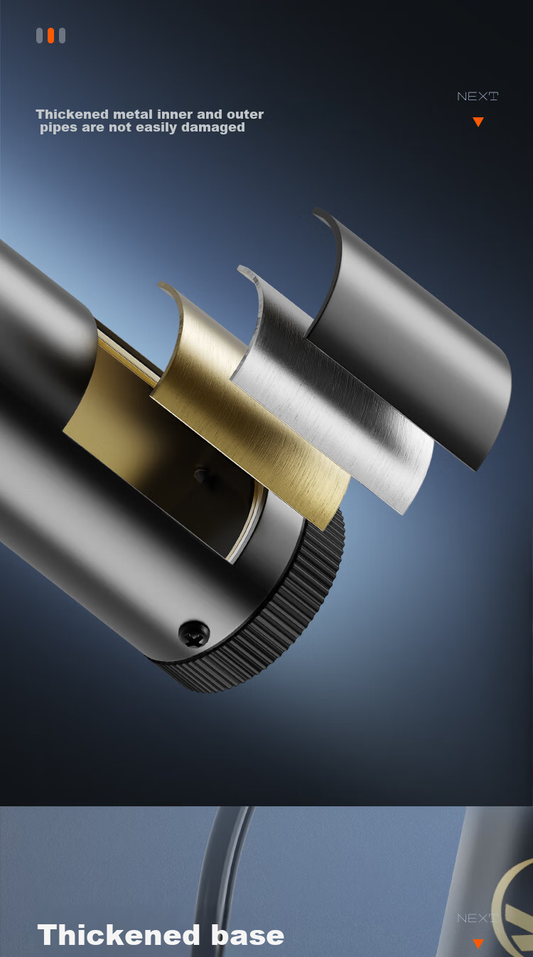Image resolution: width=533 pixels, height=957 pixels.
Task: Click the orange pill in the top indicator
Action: pyautogui.click(x=51, y=36)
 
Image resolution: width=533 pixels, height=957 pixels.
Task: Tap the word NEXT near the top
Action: pyautogui.click(x=478, y=97)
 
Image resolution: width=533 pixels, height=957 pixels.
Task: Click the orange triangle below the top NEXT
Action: pyautogui.click(x=478, y=122)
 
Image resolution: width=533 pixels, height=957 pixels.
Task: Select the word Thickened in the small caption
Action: pyautogui.click(x=72, y=114)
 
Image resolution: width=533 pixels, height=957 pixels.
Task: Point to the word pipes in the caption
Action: pyautogui.click(x=58, y=128)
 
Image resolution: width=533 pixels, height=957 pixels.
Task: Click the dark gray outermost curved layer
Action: pyautogui.click(x=410, y=338)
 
